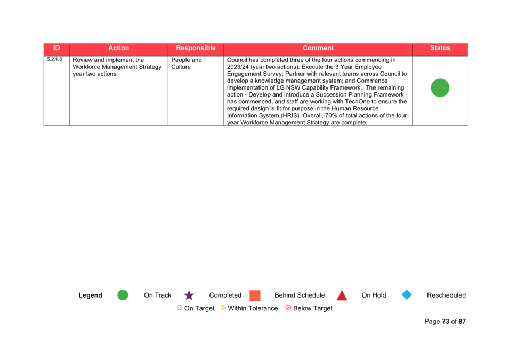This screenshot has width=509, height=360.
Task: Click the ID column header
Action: click(x=56, y=48)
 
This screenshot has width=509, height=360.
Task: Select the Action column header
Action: click(x=118, y=48)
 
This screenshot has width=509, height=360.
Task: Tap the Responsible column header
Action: click(x=196, y=48)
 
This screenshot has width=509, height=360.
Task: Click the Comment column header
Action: click(x=318, y=48)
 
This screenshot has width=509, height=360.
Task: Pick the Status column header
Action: click(x=440, y=48)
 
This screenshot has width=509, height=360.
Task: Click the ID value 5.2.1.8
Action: click(x=54, y=59)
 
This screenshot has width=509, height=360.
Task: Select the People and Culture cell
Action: click(x=187, y=63)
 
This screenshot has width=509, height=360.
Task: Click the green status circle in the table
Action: click(x=440, y=87)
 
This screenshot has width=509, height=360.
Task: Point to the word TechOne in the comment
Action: click(x=357, y=102)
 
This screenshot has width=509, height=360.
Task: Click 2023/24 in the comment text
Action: click(x=238, y=67)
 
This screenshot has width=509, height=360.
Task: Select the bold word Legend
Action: click(x=90, y=295)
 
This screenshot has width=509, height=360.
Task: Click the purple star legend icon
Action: click(x=189, y=295)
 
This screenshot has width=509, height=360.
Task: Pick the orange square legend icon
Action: click(x=255, y=295)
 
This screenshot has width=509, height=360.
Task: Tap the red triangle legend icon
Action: click(x=342, y=296)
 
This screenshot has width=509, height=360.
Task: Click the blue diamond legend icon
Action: click(x=407, y=295)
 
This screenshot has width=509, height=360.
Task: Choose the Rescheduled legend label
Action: click(x=446, y=295)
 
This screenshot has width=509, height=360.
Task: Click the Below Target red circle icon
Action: click(x=288, y=308)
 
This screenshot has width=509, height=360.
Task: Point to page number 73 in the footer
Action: click(x=446, y=322)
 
